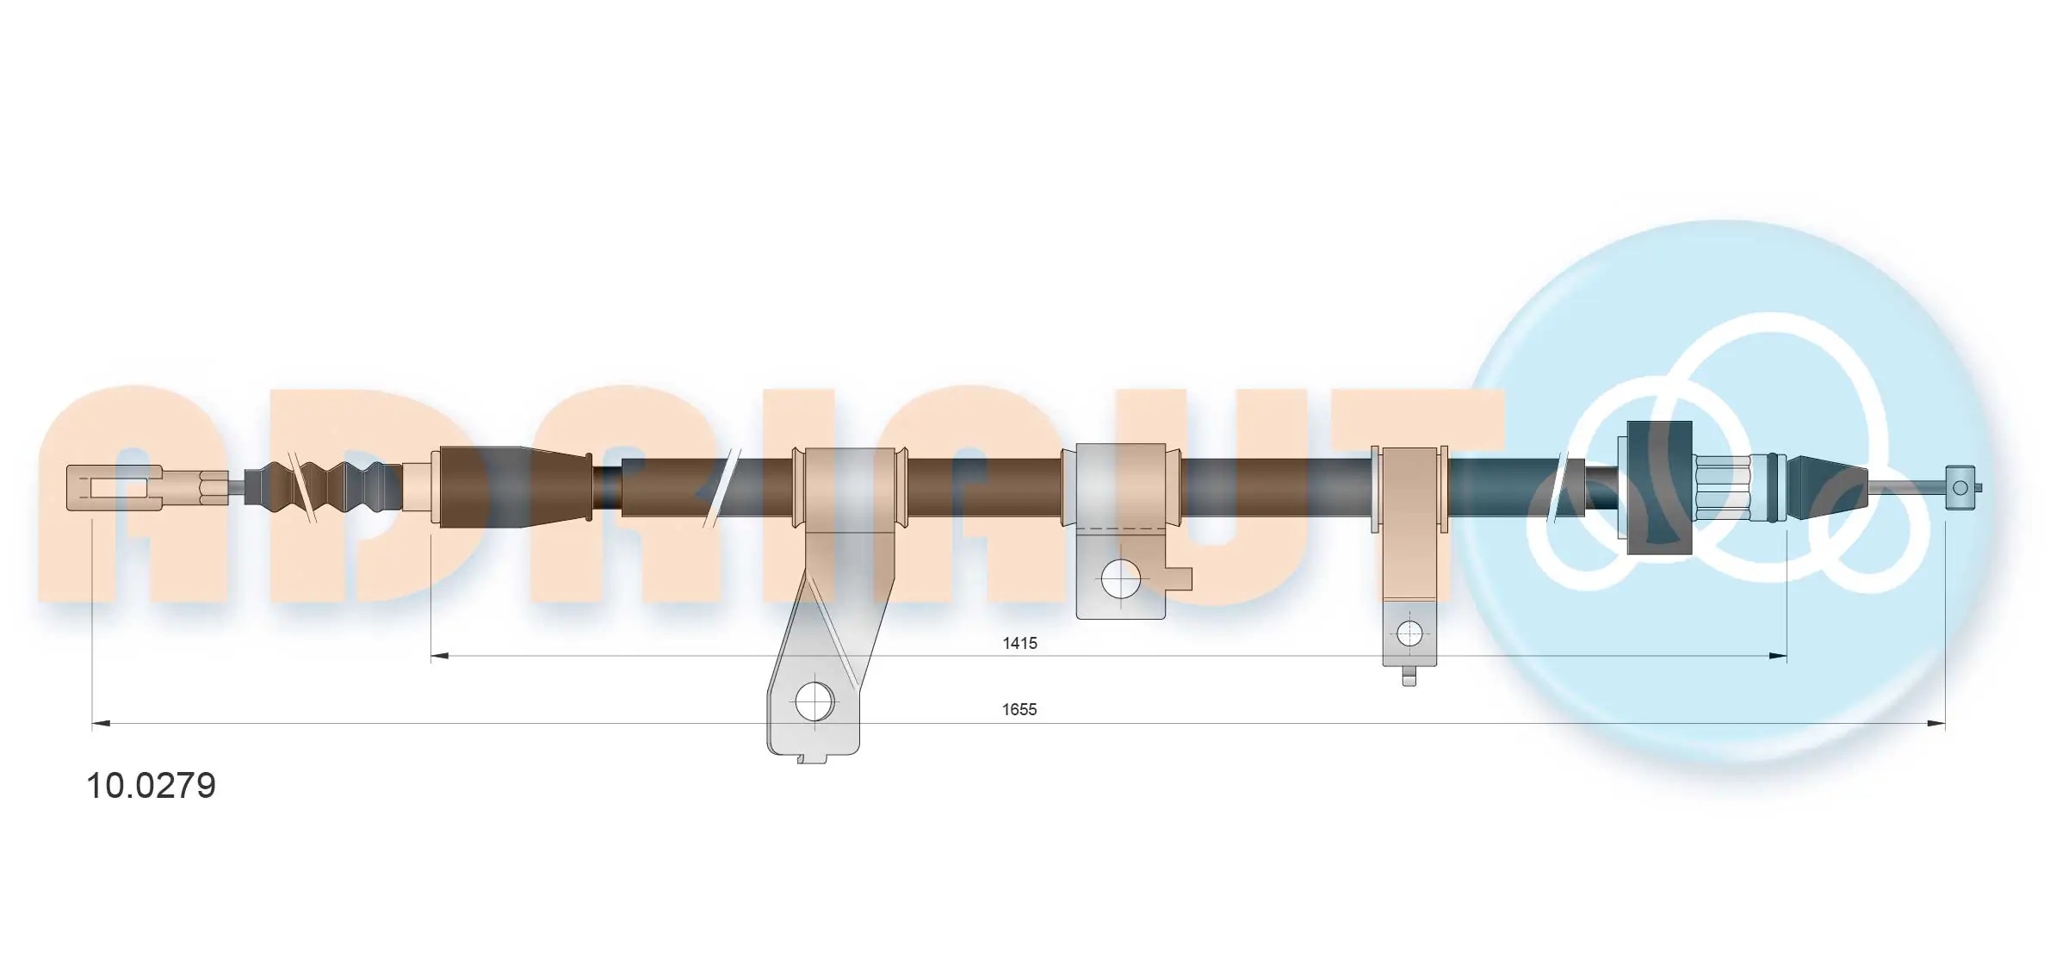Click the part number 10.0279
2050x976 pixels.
pos(151,786)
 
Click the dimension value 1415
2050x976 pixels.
pos(1019,643)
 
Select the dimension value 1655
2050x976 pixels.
pos(1019,709)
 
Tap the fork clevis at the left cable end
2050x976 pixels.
pos(115,487)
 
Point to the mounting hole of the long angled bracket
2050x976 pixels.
pos(814,702)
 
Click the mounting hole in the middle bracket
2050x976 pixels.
pos(1120,579)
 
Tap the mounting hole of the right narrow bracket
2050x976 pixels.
pos(1409,634)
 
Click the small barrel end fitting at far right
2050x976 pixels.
pos(1962,488)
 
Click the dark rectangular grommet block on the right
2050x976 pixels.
pos(1659,487)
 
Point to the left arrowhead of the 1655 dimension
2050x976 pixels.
pos(102,724)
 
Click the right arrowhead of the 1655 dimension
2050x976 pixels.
pos(1935,724)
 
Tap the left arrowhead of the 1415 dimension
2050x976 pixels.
pos(440,657)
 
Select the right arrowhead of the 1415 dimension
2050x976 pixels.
pos(1777,657)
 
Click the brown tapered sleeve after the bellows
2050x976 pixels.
pos(515,487)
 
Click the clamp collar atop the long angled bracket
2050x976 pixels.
pos(850,487)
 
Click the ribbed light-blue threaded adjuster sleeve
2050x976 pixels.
pos(1722,487)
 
